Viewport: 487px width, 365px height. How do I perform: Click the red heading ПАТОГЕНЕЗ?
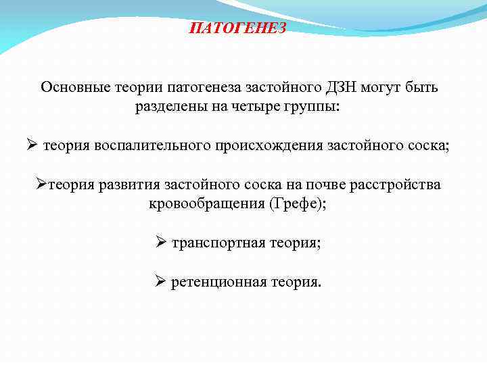237,28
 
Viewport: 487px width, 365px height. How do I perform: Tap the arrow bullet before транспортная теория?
160,242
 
